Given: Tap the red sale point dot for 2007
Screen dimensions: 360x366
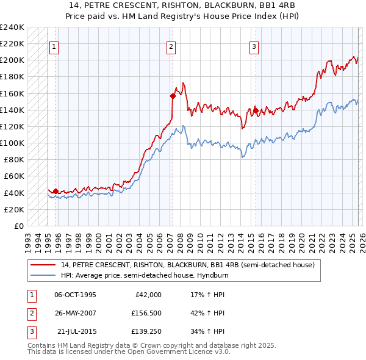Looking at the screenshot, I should tap(173, 95).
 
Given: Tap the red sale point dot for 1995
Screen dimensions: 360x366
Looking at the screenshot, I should tap(56, 191).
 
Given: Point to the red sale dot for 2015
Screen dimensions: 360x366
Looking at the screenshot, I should tap(256, 110).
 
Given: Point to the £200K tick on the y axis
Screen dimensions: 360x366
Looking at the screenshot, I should tap(12, 60).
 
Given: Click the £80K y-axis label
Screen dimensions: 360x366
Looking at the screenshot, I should tap(13, 160).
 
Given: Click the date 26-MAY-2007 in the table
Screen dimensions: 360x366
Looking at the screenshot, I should tap(75, 313).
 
